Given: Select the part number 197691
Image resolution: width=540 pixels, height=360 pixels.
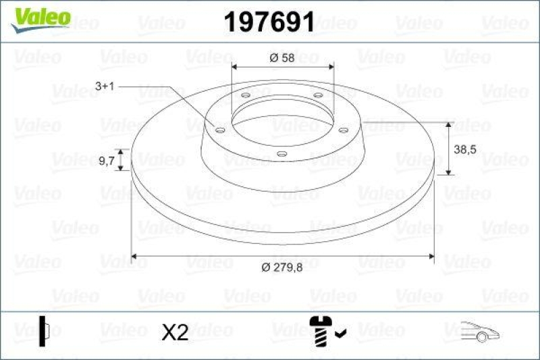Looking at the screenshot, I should pyautogui.click(x=269, y=23).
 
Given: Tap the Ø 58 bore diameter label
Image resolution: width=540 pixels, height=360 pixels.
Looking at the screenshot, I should pyautogui.click(x=282, y=59).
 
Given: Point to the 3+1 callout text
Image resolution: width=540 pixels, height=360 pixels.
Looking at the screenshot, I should pyautogui.click(x=108, y=86).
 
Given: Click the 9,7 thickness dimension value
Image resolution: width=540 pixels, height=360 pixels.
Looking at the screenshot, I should pyautogui.click(x=107, y=161).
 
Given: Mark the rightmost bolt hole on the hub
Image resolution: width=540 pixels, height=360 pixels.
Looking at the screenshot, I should pyautogui.click(x=343, y=130).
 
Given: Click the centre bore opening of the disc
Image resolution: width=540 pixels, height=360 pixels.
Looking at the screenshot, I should pyautogui.click(x=282, y=122).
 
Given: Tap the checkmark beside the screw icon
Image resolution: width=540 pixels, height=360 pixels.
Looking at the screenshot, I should pyautogui.click(x=340, y=332).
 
